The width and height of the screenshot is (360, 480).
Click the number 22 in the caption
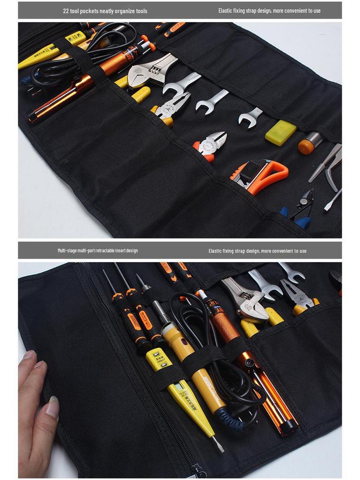point(66,11)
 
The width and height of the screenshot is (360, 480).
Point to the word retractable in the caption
point(109,250)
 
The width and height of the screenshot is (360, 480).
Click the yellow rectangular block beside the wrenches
point(281,132)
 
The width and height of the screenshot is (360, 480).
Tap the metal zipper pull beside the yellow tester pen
point(199,470)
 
